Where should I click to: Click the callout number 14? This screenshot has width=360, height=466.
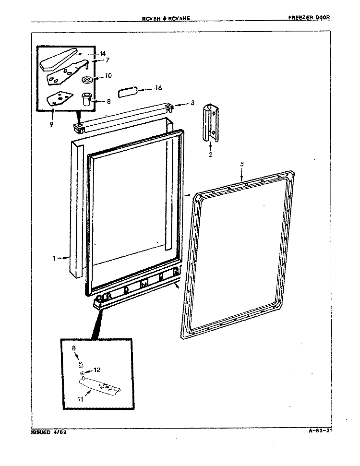[x=102, y=53]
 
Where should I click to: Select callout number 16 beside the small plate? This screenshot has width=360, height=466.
[x=158, y=88]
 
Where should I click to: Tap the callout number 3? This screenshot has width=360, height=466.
[x=192, y=103]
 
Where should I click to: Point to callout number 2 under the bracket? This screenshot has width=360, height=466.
[x=210, y=155]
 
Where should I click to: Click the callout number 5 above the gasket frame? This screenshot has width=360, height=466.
[x=242, y=164]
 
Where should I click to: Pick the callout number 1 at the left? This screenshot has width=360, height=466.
[x=54, y=259]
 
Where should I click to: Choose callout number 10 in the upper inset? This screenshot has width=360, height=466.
[x=108, y=76]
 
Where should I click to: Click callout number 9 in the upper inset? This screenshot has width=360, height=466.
[x=51, y=124]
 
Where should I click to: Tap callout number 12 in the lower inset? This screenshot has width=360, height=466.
[x=97, y=370]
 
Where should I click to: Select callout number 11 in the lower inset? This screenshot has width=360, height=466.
[x=80, y=399]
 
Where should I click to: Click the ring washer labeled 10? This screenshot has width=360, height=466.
[x=87, y=79]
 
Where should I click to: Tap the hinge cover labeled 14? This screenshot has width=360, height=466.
[x=60, y=60]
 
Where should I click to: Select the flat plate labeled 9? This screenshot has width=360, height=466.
[x=60, y=98]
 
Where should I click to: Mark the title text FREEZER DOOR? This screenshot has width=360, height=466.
[x=309, y=18]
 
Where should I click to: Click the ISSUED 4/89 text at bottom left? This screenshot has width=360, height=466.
[x=49, y=432]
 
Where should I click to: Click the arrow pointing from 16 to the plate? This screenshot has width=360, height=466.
[x=146, y=89]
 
